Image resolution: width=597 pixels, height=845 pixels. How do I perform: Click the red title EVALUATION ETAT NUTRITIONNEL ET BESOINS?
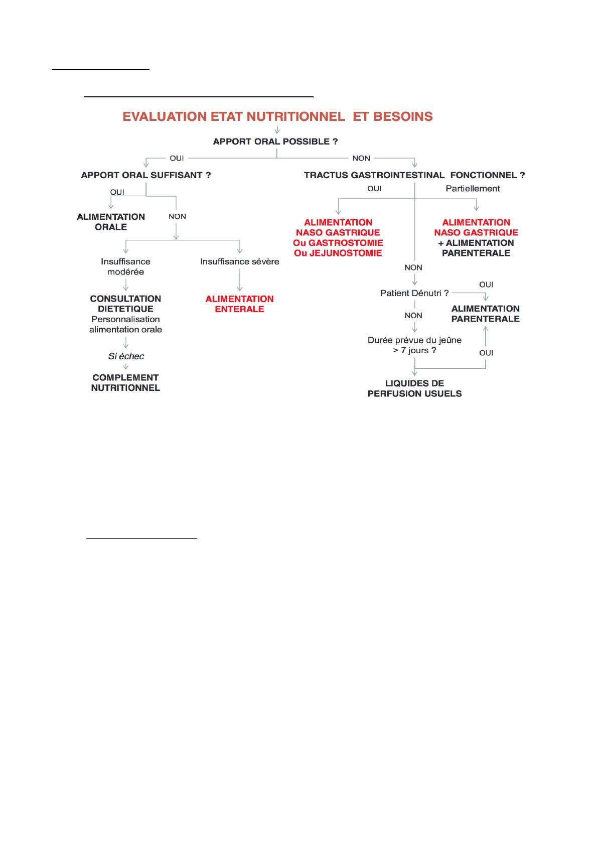click(277, 116)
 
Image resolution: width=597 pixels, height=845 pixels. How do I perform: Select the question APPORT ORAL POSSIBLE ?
click(275, 142)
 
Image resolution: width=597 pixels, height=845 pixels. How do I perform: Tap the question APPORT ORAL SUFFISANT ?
click(146, 175)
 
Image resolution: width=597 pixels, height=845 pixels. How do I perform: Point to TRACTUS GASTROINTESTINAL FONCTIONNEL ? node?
click(414, 175)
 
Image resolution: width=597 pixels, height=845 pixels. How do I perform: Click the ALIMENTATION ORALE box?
click(111, 222)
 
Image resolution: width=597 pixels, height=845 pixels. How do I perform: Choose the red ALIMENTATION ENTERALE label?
click(239, 304)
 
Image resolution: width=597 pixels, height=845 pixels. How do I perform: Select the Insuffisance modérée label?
click(125, 266)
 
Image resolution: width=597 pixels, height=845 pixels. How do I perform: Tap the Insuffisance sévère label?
click(239, 261)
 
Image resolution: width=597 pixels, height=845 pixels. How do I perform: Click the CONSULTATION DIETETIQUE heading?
click(125, 304)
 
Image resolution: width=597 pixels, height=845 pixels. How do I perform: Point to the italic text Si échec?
click(126, 356)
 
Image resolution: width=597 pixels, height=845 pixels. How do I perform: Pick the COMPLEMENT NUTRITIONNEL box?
click(125, 383)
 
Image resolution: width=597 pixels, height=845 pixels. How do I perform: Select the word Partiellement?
click(473, 189)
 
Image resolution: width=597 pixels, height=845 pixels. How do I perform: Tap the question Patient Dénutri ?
click(414, 293)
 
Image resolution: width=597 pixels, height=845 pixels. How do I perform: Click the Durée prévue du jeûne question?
click(414, 345)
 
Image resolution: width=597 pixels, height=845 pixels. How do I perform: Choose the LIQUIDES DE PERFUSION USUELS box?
click(414, 388)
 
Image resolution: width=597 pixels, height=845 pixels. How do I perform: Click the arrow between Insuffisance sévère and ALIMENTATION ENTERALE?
click(240, 280)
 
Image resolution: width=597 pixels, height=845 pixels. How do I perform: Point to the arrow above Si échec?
click(126, 343)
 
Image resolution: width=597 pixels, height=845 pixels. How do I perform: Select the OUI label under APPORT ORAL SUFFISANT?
click(117, 192)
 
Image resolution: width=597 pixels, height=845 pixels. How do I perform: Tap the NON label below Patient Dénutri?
click(413, 316)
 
